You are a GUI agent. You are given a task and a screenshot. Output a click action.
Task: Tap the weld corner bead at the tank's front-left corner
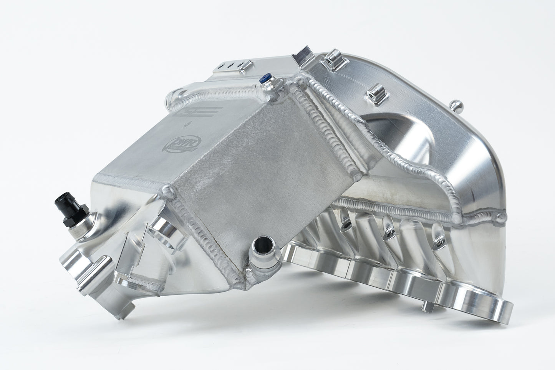point(167,190)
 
